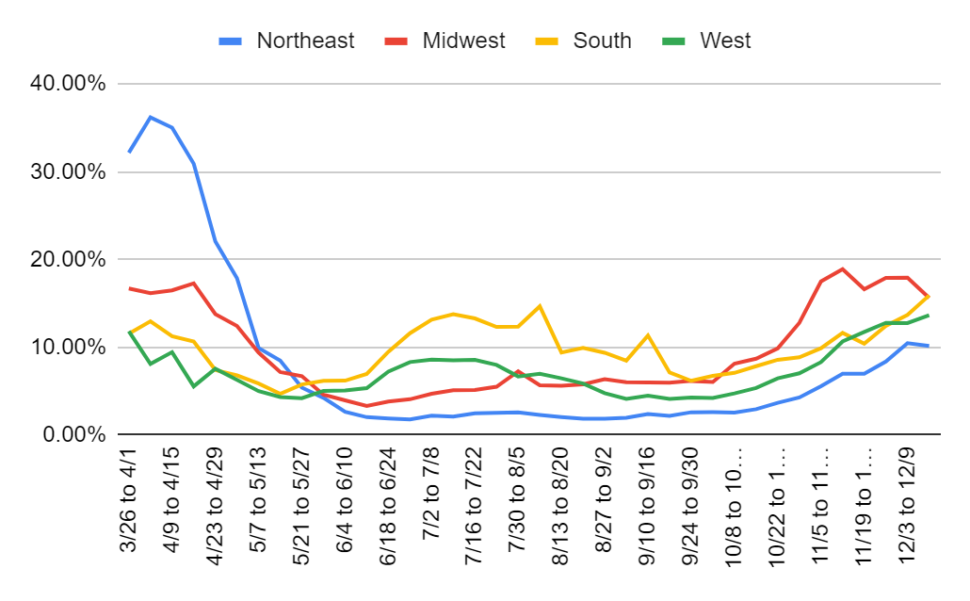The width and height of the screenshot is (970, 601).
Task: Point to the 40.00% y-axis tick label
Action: pos(72,85)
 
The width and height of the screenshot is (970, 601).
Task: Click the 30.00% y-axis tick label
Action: pos(72,172)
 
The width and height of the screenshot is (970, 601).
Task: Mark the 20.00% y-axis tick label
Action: pos(72,260)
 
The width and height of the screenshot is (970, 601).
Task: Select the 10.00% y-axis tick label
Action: pos(72,348)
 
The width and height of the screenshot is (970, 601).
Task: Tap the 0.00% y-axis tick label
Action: pos(76,435)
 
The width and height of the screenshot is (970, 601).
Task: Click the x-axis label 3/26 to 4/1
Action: pos(129,505)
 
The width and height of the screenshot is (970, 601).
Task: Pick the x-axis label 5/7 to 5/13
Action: pos(258,505)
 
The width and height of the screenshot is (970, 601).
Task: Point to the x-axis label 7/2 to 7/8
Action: pos(430,505)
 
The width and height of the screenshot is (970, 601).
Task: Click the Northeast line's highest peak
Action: pos(151,117)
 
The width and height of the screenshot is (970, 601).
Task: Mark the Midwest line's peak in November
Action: pos(843,269)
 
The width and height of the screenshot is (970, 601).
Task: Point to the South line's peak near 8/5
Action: pos(539,305)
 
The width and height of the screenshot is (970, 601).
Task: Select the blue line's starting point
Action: pos(129,152)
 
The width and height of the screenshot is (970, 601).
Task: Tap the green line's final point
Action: pos(930,316)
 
